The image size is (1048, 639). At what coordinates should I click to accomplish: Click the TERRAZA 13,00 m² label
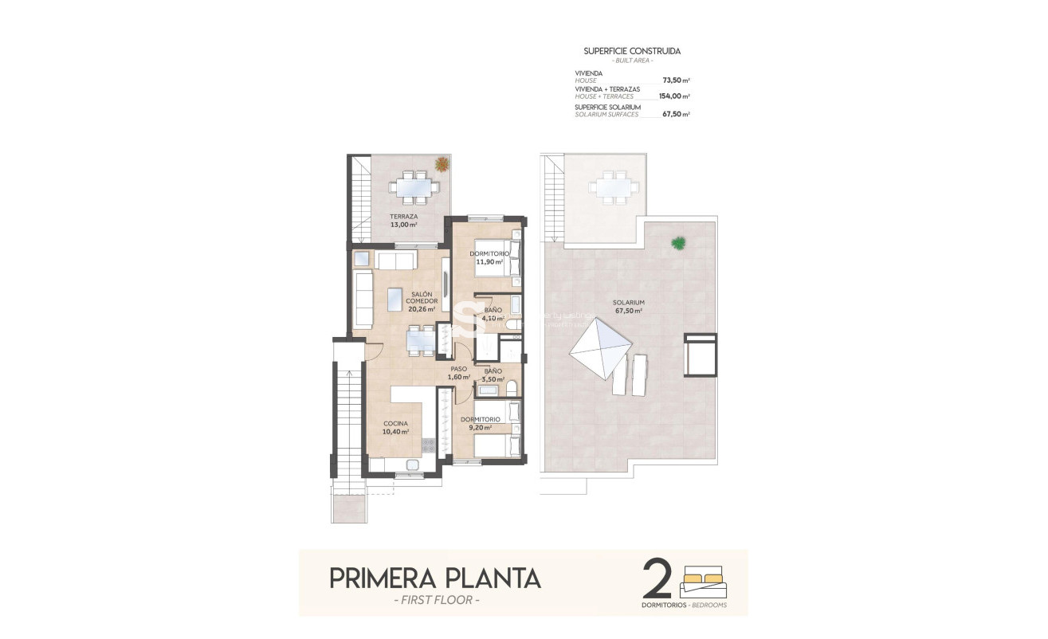403,221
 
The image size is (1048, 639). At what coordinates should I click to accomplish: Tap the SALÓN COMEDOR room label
421,301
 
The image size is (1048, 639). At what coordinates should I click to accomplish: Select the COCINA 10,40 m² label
395,428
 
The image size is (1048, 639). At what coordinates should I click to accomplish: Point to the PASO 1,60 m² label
458,373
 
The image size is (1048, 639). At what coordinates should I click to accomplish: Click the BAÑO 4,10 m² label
493,314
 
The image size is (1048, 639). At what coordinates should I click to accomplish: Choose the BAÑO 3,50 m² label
493,375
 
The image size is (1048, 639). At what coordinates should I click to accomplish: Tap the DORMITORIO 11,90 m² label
489,257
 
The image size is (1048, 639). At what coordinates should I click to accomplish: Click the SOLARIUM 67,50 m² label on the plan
629,307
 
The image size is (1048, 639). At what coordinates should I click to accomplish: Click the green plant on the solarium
678,242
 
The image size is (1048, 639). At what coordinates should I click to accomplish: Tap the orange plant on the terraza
441,164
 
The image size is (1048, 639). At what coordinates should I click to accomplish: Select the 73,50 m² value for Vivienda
675,80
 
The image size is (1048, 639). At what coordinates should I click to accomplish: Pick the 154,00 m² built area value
673,96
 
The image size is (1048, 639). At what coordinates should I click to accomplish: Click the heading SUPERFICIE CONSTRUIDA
632,51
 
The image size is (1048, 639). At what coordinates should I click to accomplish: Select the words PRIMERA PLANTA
435,578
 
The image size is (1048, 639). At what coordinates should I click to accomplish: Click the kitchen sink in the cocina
413,465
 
